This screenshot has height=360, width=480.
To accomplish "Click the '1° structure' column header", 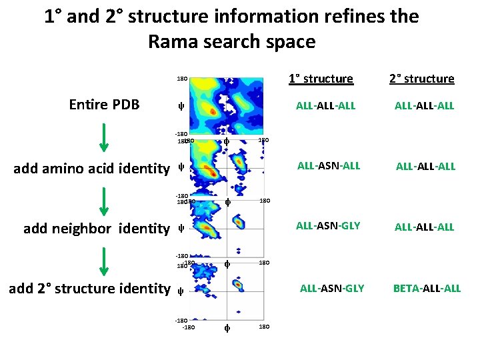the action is tap(321, 79).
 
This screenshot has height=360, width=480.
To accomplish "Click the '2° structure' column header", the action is tap(421, 79).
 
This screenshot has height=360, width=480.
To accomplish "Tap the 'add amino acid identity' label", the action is tap(92, 168).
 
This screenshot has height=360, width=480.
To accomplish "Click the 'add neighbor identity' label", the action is tap(97, 228).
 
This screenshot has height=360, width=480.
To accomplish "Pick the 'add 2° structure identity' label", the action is tap(89, 288).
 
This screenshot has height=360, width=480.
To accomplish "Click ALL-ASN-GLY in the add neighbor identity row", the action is tap(328, 226).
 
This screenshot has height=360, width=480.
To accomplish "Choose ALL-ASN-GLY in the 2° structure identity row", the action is tap(332, 288).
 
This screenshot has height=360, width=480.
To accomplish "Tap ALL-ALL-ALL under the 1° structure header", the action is tap(326, 105).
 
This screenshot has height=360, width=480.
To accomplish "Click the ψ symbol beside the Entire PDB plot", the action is tap(181, 106).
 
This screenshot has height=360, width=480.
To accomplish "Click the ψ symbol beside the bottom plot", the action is tap(181, 291).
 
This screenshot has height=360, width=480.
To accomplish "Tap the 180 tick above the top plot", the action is tap(181, 79).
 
